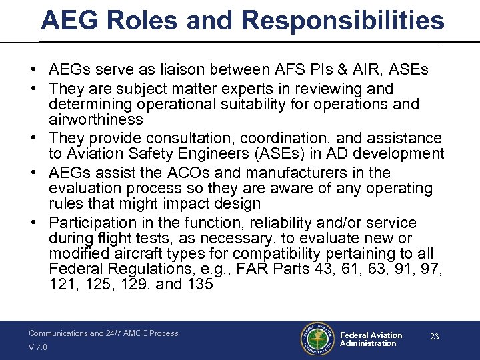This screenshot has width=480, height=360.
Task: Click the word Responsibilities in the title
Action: click(x=343, y=21)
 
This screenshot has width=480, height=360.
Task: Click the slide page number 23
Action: click(x=434, y=337)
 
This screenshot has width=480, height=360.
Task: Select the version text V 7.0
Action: click(x=39, y=347)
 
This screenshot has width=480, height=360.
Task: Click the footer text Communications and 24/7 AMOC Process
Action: click(x=103, y=333)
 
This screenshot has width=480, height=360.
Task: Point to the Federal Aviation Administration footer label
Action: click(x=371, y=339)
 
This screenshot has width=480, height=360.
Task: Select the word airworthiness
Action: click(x=96, y=120)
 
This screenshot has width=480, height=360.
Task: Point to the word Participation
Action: click(x=95, y=223)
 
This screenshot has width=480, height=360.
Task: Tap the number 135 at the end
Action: click(x=200, y=285)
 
